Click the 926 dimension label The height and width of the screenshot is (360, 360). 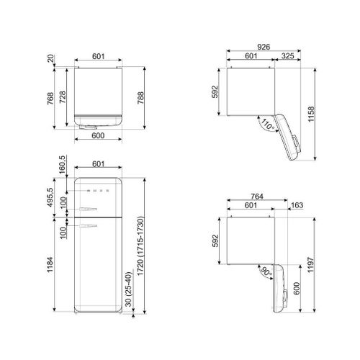click(264, 47)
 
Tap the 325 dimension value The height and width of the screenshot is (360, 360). click(287, 56)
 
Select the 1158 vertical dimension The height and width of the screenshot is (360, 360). click(311, 114)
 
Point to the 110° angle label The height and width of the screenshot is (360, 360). click(268, 125)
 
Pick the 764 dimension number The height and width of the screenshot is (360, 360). click(257, 197)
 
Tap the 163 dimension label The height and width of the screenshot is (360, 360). click(297, 205)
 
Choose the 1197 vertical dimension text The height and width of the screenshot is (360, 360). click(311, 265)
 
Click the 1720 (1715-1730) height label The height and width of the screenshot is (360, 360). click(140, 246)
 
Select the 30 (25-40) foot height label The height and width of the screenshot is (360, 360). click(129, 289)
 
